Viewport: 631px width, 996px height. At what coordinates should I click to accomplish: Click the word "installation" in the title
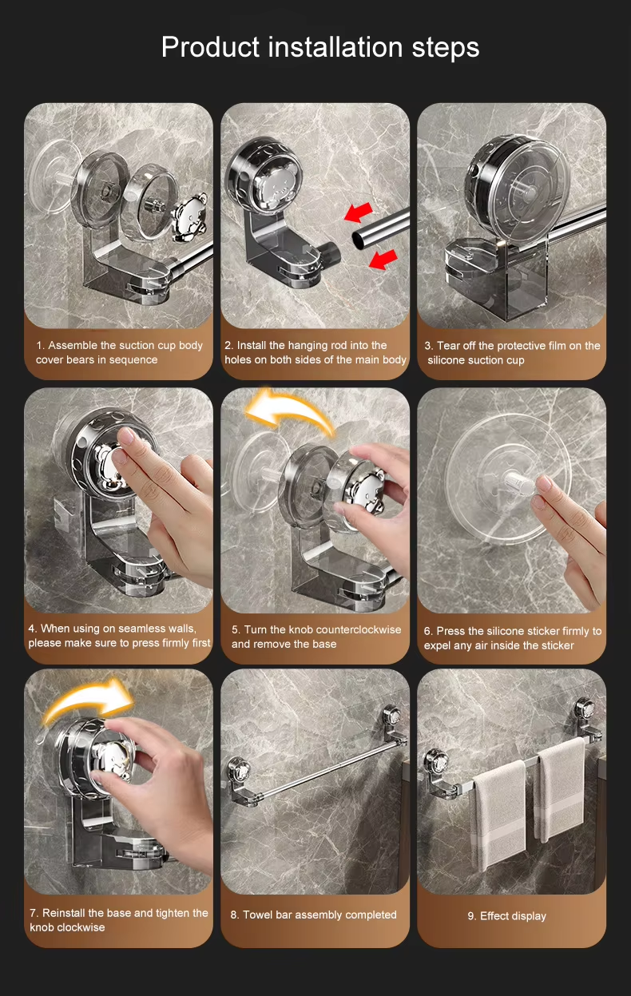click(x=335, y=46)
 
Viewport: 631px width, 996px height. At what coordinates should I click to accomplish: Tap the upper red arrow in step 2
click(x=359, y=212)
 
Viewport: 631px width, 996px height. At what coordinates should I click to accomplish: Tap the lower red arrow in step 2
click(x=383, y=260)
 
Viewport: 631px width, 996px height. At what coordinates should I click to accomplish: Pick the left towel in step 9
click(x=499, y=813)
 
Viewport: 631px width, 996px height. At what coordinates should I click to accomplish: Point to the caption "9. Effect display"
click(x=507, y=915)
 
